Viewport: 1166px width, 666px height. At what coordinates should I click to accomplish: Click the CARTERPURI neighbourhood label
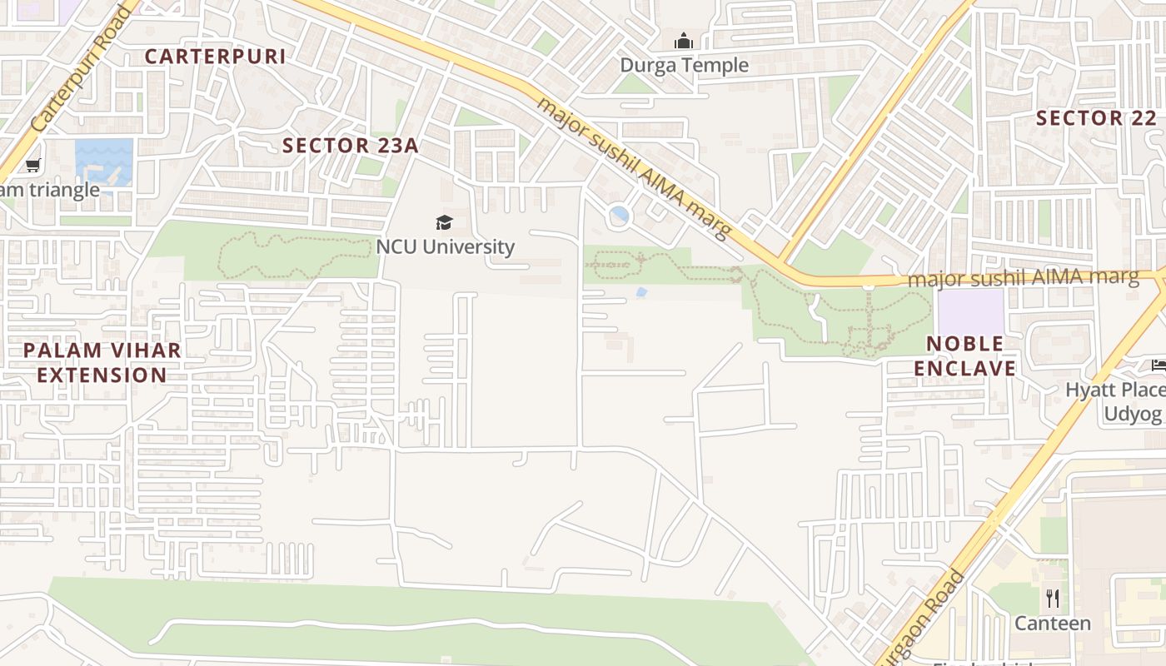click(x=215, y=57)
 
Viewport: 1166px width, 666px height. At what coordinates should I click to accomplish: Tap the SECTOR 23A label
click(x=350, y=146)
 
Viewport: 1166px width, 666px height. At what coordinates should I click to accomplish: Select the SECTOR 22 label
click(x=1096, y=118)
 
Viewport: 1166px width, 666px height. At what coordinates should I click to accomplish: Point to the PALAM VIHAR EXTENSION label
click(x=102, y=362)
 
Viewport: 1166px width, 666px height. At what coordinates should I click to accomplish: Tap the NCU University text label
click(x=445, y=246)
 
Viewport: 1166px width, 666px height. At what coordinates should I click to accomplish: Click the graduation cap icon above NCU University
click(x=445, y=222)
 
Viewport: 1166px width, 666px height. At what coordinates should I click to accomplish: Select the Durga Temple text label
click(x=684, y=65)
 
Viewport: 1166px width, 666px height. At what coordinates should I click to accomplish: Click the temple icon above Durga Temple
click(x=684, y=41)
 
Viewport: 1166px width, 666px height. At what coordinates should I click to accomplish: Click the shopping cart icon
click(x=33, y=166)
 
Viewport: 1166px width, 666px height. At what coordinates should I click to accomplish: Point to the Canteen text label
click(x=1052, y=623)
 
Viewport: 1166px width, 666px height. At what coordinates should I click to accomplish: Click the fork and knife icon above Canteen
click(x=1053, y=598)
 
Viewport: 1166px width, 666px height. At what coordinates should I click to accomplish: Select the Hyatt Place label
click(x=1114, y=390)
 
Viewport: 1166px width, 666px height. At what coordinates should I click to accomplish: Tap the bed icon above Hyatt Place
click(x=1158, y=365)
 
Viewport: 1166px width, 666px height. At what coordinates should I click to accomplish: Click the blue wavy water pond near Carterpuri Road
click(x=104, y=162)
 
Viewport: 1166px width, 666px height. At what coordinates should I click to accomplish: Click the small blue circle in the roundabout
click(x=619, y=216)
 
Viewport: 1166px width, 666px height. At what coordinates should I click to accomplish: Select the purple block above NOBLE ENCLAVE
click(x=970, y=311)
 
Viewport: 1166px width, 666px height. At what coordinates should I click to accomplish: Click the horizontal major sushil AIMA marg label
click(x=1023, y=277)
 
